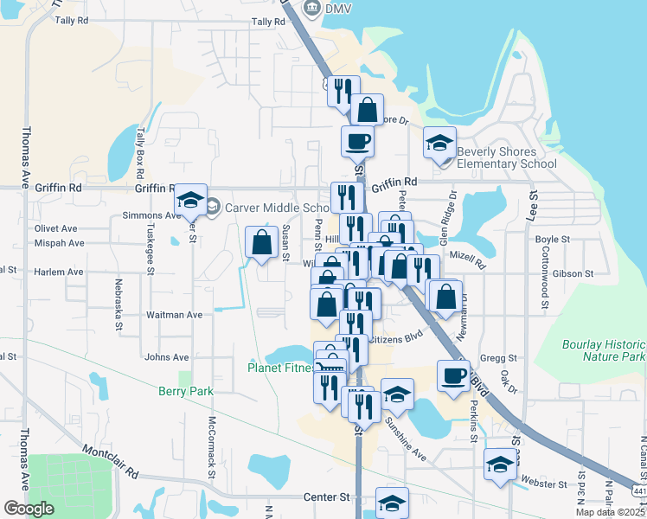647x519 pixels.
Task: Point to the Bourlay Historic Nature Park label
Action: click(x=604, y=350)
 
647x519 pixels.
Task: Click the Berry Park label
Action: click(x=185, y=391)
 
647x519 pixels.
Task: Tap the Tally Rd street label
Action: click(x=268, y=22)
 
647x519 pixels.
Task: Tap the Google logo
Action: click(x=28, y=509)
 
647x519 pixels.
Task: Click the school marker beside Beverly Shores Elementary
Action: click(x=439, y=142)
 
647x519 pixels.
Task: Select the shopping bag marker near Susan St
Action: click(x=261, y=243)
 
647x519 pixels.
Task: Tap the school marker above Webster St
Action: click(x=499, y=465)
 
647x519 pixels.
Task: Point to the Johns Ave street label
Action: click(x=167, y=356)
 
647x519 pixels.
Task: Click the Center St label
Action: click(x=325, y=497)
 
